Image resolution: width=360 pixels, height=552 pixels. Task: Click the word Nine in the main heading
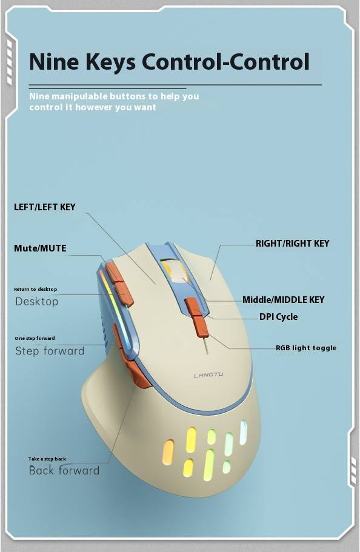click(55, 62)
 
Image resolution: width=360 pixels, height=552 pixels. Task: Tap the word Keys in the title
click(111, 62)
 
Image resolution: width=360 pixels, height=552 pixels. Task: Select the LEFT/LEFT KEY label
click(45, 207)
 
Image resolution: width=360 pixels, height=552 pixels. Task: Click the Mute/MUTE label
click(40, 248)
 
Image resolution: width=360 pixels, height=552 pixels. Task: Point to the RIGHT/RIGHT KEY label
click(292, 243)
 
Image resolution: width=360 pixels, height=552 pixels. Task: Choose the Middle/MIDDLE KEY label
click(283, 300)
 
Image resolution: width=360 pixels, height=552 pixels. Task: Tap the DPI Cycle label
click(278, 317)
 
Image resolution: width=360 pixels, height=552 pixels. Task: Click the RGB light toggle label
click(305, 348)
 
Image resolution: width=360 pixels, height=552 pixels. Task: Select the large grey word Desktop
click(36, 302)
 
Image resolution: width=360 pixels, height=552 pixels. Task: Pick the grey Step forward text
click(50, 351)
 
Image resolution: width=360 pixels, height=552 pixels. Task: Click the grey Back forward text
click(64, 471)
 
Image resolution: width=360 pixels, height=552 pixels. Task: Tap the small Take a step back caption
click(47, 459)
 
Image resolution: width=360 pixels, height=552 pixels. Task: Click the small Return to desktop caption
click(35, 289)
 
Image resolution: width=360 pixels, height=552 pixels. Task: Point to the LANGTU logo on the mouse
click(208, 375)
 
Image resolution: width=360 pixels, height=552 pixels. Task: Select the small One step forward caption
click(35, 338)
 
